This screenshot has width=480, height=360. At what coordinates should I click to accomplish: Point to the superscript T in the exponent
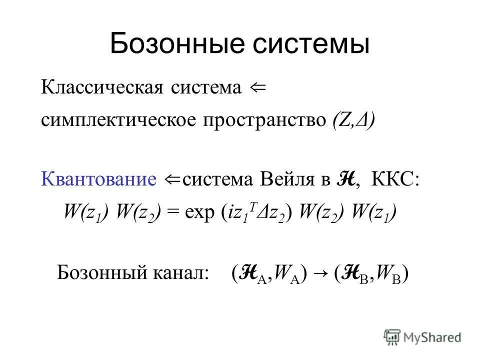click(x=252, y=208)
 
